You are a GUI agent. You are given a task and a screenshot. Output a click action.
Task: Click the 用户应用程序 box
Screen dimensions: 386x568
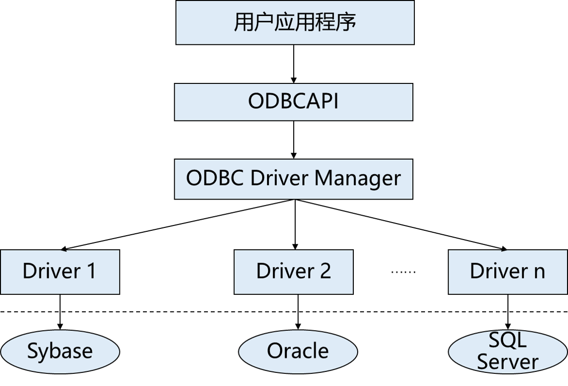pyautogui.click(x=295, y=22)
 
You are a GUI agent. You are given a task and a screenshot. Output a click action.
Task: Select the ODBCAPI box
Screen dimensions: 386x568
pyautogui.click(x=293, y=102)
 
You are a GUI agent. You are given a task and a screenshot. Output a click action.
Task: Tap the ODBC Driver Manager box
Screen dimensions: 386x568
pyautogui.click(x=293, y=179)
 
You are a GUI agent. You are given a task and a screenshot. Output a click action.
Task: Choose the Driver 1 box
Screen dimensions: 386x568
pyautogui.click(x=60, y=272)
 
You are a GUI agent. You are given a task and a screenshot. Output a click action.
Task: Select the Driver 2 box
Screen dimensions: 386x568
pyautogui.click(x=293, y=272)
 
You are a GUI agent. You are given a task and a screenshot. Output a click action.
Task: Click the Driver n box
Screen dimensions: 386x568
pyautogui.click(x=507, y=272)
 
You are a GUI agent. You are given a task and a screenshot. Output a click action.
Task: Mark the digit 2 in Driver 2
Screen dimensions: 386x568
pyautogui.click(x=325, y=271)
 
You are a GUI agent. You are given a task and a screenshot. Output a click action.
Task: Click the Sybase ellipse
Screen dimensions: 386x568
pyautogui.click(x=60, y=351)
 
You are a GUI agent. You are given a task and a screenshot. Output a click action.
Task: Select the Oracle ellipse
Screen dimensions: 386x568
pyautogui.click(x=298, y=351)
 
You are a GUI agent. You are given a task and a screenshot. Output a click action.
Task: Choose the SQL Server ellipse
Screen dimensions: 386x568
pyautogui.click(x=507, y=351)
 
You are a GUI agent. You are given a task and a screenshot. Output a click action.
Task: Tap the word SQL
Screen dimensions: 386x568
pyautogui.click(x=507, y=340)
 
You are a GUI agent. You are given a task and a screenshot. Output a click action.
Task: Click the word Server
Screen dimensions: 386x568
pyautogui.click(x=507, y=362)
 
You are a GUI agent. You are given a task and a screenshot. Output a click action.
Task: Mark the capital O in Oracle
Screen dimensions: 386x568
pyautogui.click(x=274, y=351)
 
